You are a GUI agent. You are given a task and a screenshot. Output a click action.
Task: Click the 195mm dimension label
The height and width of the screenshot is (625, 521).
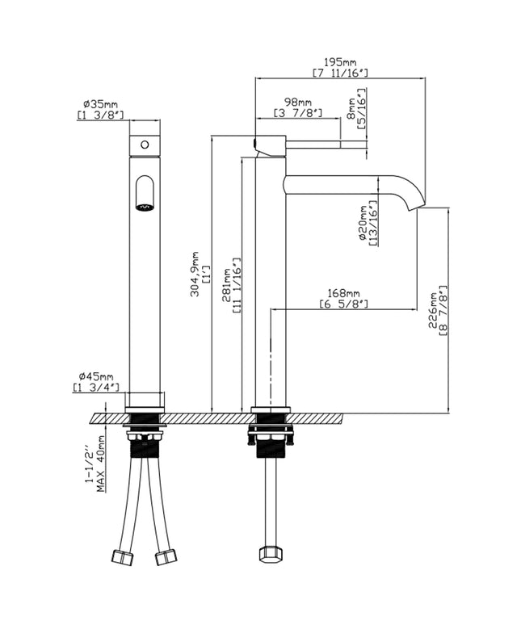[340, 62]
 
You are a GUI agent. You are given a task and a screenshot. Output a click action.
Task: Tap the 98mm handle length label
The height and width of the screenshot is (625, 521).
[298, 103]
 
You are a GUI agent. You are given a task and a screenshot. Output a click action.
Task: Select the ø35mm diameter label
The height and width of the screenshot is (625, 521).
[100, 104]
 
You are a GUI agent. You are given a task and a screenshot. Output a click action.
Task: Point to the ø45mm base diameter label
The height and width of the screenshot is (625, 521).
[96, 376]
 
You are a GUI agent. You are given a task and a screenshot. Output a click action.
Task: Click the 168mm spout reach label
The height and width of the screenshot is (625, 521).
[343, 294]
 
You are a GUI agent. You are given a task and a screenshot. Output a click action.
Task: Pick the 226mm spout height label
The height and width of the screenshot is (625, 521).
[433, 310]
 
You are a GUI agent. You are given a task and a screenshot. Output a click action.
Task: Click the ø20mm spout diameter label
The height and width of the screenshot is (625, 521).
[363, 223]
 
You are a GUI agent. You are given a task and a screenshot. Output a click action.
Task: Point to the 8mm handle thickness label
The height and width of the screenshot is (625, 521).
[351, 108]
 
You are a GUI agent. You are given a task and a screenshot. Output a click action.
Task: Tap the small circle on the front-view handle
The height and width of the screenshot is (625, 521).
[145, 145]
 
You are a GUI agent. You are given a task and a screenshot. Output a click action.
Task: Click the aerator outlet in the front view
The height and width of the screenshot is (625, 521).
[145, 207]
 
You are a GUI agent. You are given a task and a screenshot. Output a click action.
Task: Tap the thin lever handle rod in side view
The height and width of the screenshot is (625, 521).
[326, 145]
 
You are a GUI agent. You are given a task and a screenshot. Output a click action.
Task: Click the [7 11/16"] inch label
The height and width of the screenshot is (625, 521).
[340, 73]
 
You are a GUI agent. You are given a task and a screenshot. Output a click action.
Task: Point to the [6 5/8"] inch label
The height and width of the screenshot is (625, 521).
[343, 304]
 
